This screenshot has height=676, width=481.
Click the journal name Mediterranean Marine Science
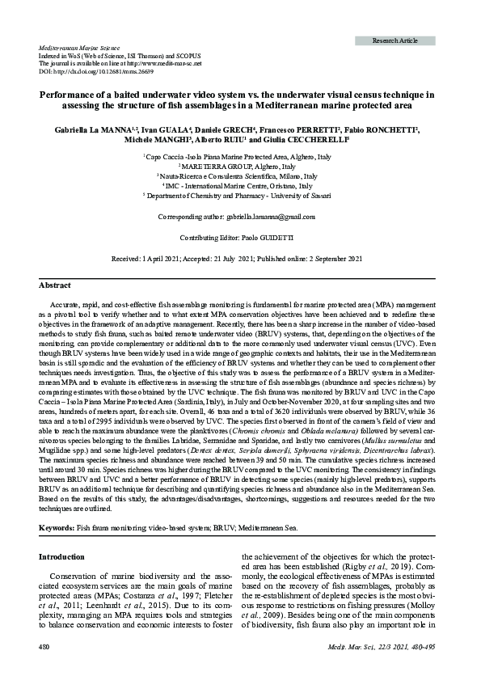pyautogui.click(x=75, y=49)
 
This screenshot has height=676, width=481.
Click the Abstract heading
pyautogui.click(x=55, y=285)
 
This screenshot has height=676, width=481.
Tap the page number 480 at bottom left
pyautogui.click(x=45, y=648)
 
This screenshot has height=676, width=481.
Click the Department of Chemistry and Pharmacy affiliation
pyautogui.click(x=241, y=196)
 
